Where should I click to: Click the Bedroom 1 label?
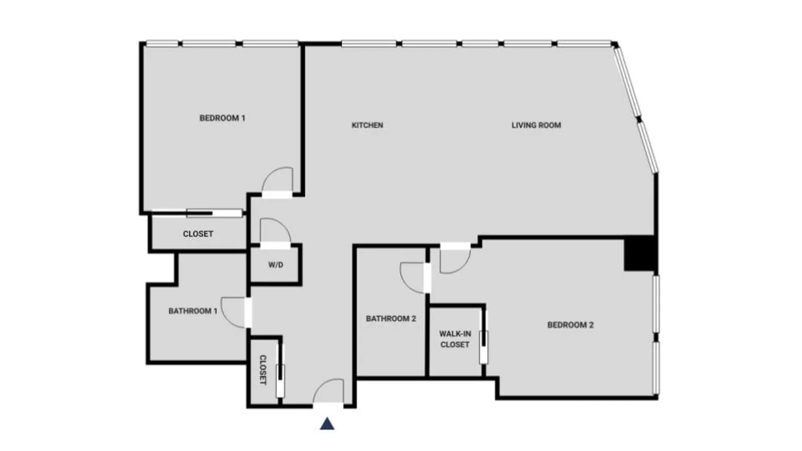[222, 118]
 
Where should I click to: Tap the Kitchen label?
[367, 125]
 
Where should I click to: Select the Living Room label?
[536, 125]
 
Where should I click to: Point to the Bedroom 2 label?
[570, 325]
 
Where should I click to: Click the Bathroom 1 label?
[193, 311]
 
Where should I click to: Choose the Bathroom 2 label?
[391, 319]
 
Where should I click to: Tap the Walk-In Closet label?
[455, 339]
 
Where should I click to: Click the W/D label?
[275, 265]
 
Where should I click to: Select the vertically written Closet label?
[263, 369]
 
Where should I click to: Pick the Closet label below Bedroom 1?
[198, 234]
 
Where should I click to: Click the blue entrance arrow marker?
[327, 424]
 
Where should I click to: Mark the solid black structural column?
[639, 254]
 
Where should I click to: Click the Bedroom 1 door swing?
[278, 180]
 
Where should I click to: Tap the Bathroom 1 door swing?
[234, 312]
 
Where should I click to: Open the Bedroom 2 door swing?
[454, 260]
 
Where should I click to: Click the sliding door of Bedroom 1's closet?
[214, 214]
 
